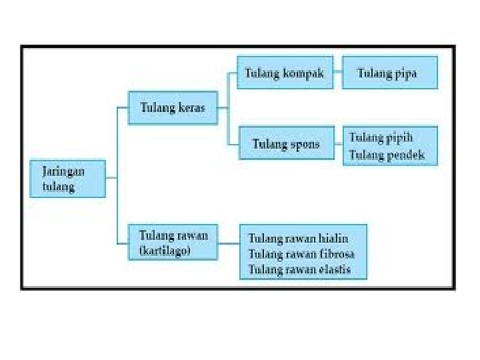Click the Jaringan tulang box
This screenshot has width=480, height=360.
coord(67,178)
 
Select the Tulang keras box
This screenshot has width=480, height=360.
coord(172,107)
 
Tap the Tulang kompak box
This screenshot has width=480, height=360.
coord(285,73)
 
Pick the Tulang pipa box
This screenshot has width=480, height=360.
coord(389,73)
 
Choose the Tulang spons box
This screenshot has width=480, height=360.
coord(286,144)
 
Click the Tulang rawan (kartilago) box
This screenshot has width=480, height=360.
coord(173,243)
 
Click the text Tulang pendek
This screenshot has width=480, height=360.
coord(387,155)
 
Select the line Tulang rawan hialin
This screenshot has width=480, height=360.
coord(299,238)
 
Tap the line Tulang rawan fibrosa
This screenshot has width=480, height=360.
coord(301,254)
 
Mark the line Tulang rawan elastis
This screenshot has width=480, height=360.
coord(299,270)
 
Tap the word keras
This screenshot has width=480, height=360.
coord(191,107)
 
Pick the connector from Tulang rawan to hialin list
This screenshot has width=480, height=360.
coord(229,243)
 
